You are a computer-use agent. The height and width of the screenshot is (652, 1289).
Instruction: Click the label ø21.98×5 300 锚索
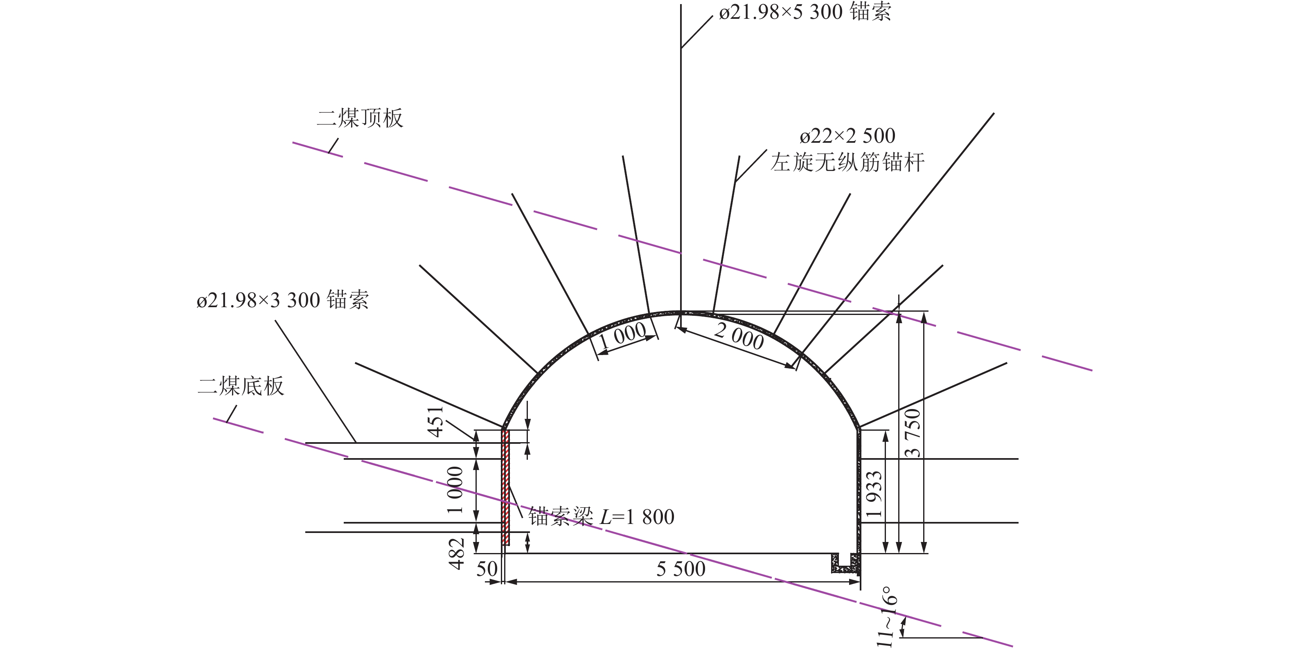click(x=804, y=12)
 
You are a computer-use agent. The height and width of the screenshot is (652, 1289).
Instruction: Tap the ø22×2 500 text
click(x=847, y=136)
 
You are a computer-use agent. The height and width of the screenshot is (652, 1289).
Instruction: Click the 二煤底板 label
click(x=241, y=387)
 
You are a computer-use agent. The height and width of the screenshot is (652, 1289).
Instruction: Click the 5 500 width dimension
click(x=681, y=569)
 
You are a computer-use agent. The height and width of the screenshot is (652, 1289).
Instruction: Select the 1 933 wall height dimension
click(x=874, y=494)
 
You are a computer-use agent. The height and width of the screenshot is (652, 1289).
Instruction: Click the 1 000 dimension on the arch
click(x=623, y=335)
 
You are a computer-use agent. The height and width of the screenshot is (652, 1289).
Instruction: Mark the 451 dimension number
click(x=436, y=421)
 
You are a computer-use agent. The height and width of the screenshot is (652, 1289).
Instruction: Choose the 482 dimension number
click(x=457, y=553)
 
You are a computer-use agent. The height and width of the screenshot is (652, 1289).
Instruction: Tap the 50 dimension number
click(x=487, y=569)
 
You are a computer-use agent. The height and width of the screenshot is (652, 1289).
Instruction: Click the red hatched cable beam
click(x=505, y=488)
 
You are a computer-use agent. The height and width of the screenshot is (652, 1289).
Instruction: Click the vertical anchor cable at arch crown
click(x=681, y=150)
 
